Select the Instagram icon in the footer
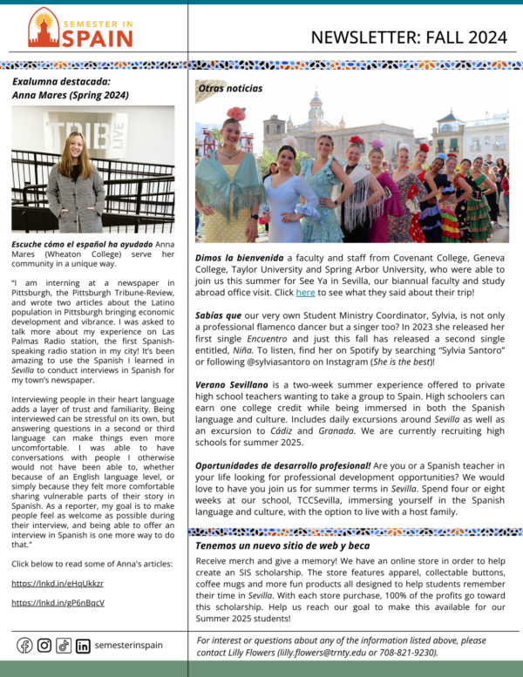[x=44, y=646]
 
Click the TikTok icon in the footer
[x=64, y=646]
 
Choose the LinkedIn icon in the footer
[x=83, y=646]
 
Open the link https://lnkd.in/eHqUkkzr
[x=58, y=584]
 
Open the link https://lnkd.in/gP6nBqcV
[x=58, y=603]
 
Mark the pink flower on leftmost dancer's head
[x=236, y=113]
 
